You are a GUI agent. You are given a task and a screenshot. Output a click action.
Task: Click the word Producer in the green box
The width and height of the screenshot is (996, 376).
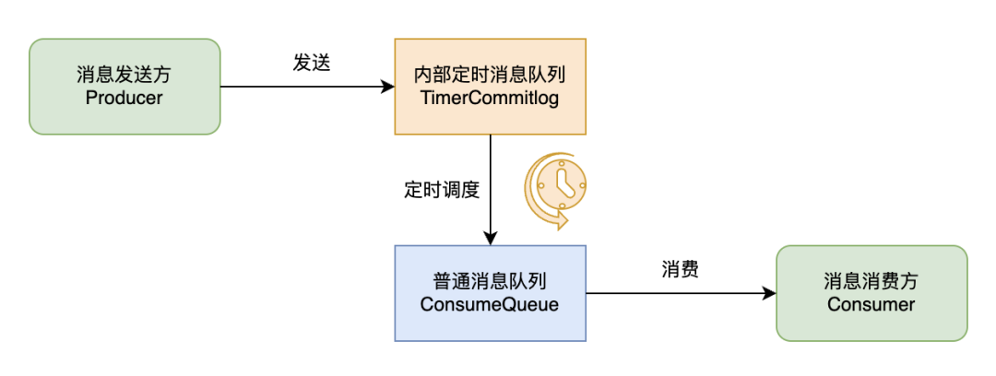tap(124, 98)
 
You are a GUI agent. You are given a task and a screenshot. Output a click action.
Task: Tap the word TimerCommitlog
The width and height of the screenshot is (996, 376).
tap(490, 98)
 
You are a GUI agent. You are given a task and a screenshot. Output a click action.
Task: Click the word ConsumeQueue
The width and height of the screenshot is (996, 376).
tap(490, 304)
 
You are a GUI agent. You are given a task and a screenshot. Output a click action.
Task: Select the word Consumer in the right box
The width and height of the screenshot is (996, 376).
tap(871, 304)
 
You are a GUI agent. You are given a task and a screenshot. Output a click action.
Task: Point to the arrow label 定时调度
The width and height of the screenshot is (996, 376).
tap(442, 190)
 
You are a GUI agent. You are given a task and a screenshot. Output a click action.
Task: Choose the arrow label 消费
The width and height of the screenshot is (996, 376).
tap(680, 269)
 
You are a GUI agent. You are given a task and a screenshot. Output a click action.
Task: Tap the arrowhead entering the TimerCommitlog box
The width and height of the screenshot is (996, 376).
tap(387, 87)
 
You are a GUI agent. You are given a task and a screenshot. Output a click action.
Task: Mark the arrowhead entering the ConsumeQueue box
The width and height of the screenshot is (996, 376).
tap(490, 238)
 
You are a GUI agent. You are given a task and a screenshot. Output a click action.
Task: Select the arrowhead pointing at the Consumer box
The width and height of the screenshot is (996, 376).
tap(768, 293)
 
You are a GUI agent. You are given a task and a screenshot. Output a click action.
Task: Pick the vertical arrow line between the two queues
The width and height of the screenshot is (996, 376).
tap(490, 184)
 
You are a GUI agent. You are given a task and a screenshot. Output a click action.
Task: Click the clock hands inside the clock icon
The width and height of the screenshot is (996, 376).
tap(564, 184)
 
